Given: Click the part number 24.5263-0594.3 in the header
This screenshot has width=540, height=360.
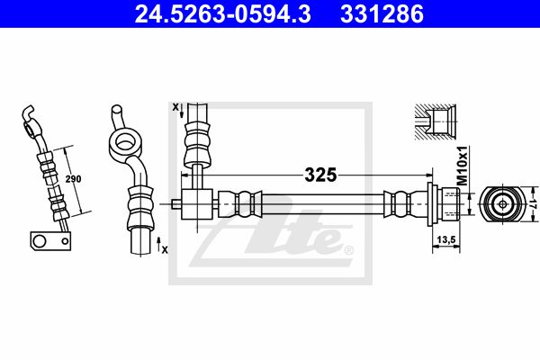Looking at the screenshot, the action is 222,14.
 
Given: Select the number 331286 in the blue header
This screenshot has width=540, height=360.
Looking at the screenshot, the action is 382,14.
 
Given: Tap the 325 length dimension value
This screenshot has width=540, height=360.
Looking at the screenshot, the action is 320,175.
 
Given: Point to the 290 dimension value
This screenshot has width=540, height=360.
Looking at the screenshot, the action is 74,179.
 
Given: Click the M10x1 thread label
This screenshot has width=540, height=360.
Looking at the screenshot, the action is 463,166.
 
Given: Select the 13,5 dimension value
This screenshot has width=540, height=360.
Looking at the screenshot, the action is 446,238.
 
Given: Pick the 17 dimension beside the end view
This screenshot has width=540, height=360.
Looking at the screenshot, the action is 533,203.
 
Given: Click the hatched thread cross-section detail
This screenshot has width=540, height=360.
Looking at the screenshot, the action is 436,122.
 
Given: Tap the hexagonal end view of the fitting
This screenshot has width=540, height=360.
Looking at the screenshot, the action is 502,204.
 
